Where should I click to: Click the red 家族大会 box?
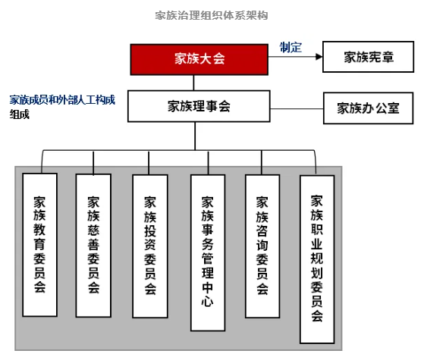pyautogui.click(x=199, y=59)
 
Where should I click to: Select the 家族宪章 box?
pyautogui.click(x=369, y=57)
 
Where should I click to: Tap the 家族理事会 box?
pyautogui.click(x=199, y=106)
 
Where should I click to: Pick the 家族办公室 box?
pyautogui.click(x=369, y=108)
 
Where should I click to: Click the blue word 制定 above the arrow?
pyautogui.click(x=291, y=47)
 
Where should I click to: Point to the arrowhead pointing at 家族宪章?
pyautogui.click(x=319, y=57)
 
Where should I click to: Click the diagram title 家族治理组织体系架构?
pyautogui.click(x=212, y=15)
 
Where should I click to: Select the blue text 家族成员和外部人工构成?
pyautogui.click(x=62, y=100)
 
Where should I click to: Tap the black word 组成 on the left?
pyautogui.click(x=20, y=114)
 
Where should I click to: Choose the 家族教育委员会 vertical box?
pyautogui.click(x=39, y=245)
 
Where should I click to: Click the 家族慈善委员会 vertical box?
pyautogui.click(x=93, y=246)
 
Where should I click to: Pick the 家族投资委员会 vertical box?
pyautogui.click(x=150, y=246)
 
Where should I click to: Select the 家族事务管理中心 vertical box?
pyautogui.click(x=208, y=252)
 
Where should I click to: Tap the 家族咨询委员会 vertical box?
pyautogui.click(x=262, y=246)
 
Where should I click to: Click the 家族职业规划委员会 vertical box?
pyautogui.click(x=317, y=259)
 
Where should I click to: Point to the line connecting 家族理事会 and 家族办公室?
pyautogui.click(x=297, y=108)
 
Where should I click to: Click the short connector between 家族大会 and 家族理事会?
pyautogui.click(x=193, y=83)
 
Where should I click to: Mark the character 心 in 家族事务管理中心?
pyautogui.click(x=207, y=301)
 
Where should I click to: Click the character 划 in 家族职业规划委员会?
pyautogui.click(x=316, y=273)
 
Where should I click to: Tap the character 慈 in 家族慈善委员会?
pyautogui.click(x=93, y=230)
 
